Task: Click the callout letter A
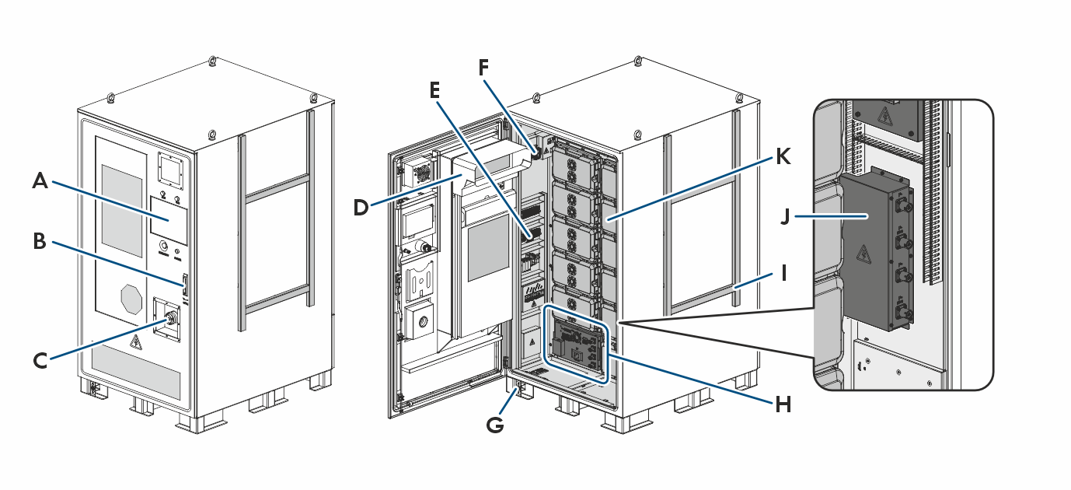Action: tap(40, 182)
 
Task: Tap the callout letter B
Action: tap(40, 241)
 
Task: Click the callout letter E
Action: tap(434, 90)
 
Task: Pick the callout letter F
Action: tap(484, 68)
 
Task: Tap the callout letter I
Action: tap(784, 273)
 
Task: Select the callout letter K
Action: tap(783, 157)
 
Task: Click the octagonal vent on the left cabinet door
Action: tap(132, 299)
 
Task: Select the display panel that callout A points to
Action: tap(169, 219)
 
